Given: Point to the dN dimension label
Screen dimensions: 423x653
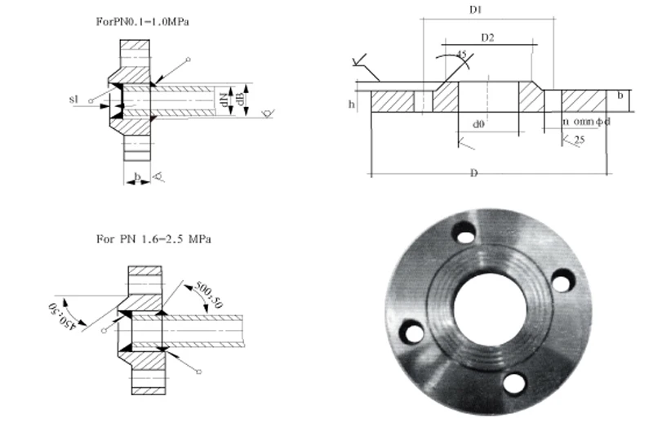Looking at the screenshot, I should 222,98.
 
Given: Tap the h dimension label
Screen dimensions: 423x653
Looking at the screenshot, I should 352,104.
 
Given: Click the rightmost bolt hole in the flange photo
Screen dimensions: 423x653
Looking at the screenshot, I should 560,283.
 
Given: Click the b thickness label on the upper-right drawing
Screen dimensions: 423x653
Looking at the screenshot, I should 621,96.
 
